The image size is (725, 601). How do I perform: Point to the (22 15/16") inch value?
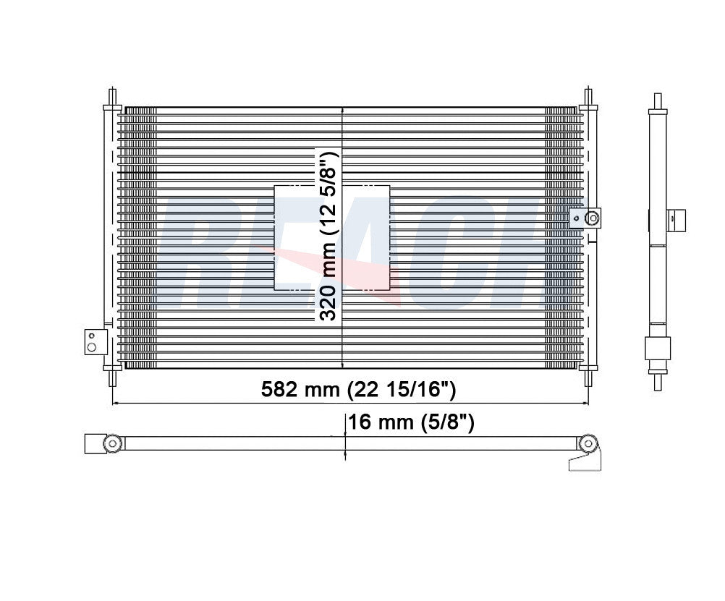402,391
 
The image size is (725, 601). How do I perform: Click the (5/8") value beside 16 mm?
448,422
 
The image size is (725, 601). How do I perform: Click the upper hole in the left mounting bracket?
91,335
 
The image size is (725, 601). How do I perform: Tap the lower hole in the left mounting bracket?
91,347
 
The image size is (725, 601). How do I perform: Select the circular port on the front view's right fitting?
593,216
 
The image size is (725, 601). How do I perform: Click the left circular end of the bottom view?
111,443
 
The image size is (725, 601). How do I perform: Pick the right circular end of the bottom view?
589,443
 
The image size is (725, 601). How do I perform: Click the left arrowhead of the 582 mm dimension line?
114,402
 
